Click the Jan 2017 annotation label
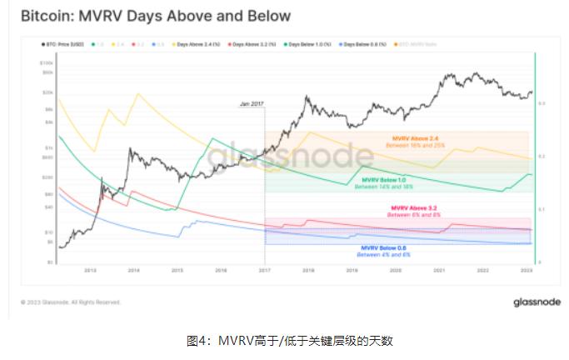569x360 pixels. click(252, 102)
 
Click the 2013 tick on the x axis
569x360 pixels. click(91, 270)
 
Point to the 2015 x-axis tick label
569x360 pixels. click(177, 270)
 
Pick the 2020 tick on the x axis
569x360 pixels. click(394, 270)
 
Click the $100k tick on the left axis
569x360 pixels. click(47, 62)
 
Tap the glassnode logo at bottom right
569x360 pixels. click(537, 302)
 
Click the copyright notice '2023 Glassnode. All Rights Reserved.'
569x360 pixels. click(73, 302)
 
